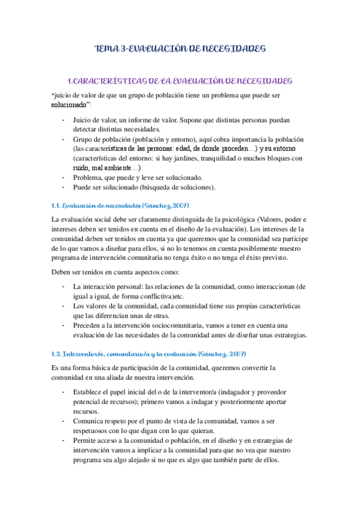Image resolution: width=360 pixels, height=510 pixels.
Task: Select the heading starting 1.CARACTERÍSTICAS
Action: [180, 81]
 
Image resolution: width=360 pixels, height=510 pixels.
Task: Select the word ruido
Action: [82, 168]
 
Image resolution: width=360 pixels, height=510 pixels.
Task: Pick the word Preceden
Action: [89, 325]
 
